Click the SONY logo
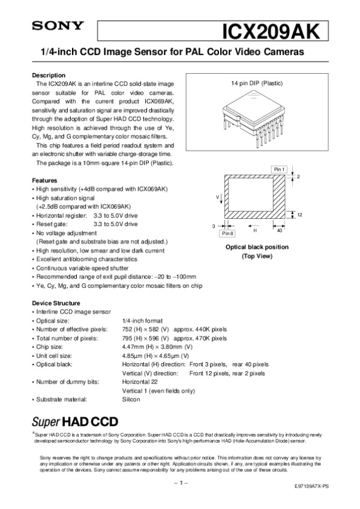pyautogui.click(x=50, y=26)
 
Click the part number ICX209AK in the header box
pyautogui.click(x=274, y=30)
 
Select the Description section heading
pyautogui.click(x=48, y=75)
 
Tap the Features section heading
pyautogui.click(x=44, y=180)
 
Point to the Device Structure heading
pyautogui.click(x=55, y=303)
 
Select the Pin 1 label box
pyautogui.click(x=279, y=170)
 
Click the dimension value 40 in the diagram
pyautogui.click(x=279, y=230)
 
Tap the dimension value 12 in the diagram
pyautogui.click(x=299, y=215)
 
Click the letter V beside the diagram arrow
pyautogui.click(x=218, y=197)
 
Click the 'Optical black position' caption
pyautogui.click(x=256, y=247)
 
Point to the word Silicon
pyautogui.click(x=131, y=399)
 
